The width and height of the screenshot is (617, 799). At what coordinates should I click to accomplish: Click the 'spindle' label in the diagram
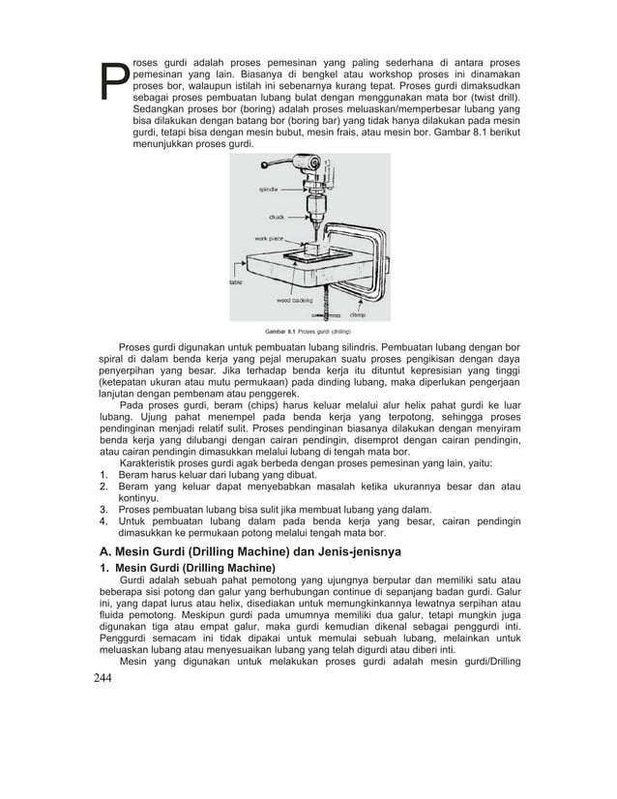(x=270, y=189)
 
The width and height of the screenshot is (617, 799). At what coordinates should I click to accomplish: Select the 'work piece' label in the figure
(x=269, y=237)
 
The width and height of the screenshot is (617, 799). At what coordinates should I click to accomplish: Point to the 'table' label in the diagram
(x=235, y=282)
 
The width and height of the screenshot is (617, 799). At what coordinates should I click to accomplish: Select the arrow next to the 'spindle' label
(x=295, y=189)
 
